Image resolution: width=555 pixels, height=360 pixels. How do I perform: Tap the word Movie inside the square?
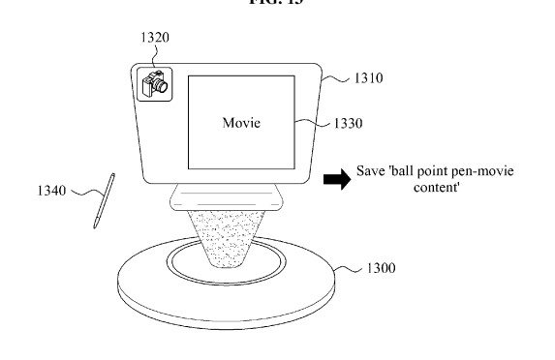(x=242, y=123)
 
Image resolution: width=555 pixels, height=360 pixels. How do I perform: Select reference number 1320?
(x=155, y=39)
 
